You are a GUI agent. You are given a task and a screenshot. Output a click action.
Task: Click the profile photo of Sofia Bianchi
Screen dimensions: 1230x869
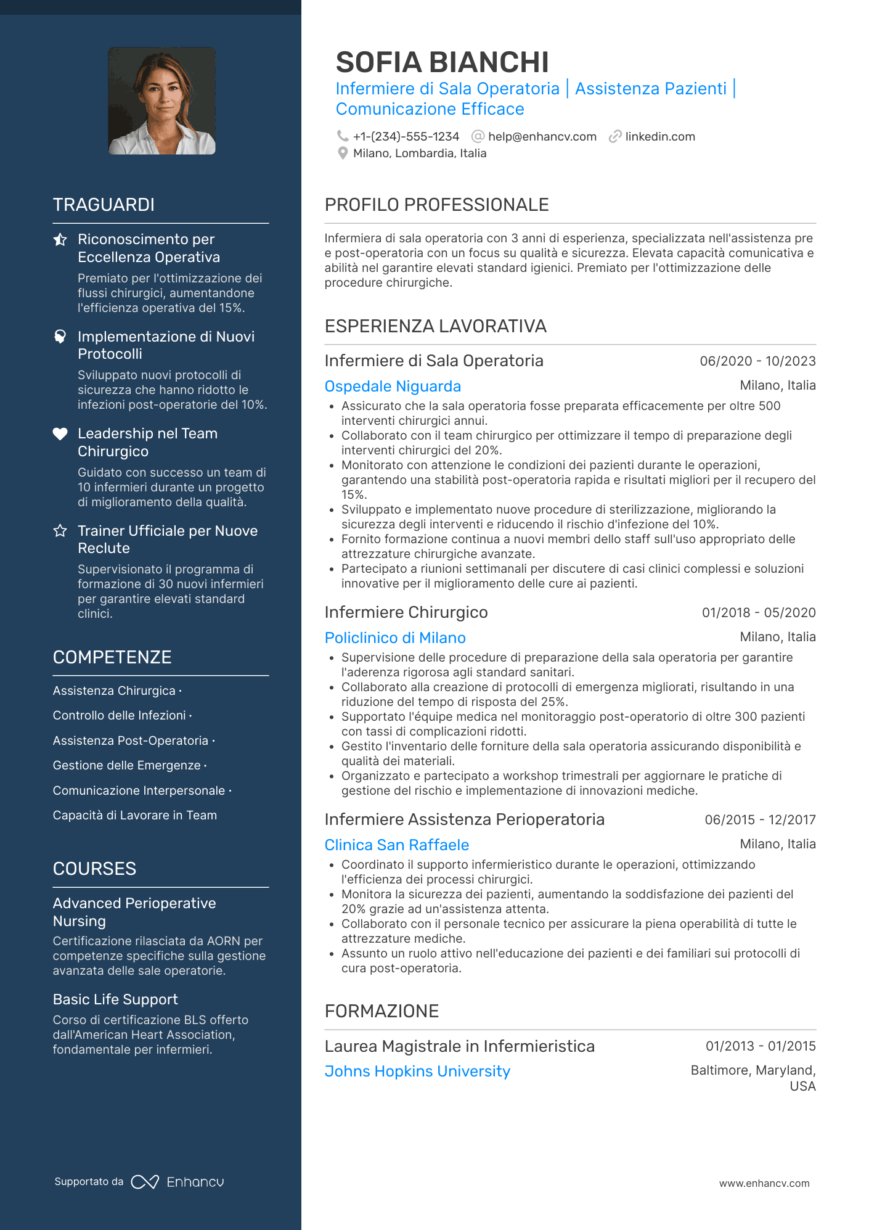click(161, 100)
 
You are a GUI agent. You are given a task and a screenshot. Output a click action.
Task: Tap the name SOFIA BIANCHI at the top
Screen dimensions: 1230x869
click(442, 62)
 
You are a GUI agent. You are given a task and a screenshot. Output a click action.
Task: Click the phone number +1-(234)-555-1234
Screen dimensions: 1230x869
click(406, 136)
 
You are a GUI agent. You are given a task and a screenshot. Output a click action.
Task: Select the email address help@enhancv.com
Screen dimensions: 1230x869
click(542, 136)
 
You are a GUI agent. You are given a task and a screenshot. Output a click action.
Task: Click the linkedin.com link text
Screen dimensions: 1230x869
click(659, 136)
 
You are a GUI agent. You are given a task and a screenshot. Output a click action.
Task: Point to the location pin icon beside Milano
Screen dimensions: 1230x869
click(343, 154)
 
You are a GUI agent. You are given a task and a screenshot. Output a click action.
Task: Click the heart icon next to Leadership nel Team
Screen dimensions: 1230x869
click(60, 434)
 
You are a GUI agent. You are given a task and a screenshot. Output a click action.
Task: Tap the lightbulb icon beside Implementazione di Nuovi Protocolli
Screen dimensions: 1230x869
click(60, 337)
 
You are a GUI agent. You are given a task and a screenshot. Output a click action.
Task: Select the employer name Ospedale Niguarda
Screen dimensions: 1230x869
click(393, 387)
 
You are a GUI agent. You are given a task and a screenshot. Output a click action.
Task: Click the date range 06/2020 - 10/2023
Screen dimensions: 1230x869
click(757, 361)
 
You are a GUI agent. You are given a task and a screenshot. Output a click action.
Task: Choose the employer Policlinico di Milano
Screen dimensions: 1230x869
click(395, 638)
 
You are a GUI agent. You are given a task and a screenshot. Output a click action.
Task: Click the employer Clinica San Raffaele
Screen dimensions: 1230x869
click(397, 845)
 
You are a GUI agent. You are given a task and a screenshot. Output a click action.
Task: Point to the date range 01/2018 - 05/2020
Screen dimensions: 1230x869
click(759, 613)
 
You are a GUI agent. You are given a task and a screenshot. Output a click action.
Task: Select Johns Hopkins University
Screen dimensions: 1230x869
click(417, 1072)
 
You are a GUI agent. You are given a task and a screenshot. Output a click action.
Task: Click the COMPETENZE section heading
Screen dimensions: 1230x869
click(112, 657)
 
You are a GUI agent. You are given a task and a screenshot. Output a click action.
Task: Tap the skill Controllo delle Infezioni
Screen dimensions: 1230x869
click(120, 715)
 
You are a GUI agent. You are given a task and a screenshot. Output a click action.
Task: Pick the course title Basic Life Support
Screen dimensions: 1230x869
click(115, 999)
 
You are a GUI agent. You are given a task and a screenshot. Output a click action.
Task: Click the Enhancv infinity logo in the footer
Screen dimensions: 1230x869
click(145, 1182)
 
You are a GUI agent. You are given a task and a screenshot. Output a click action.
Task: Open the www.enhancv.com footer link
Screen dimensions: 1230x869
click(764, 1183)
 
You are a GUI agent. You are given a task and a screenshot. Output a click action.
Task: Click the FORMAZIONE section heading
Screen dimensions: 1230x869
click(381, 1011)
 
